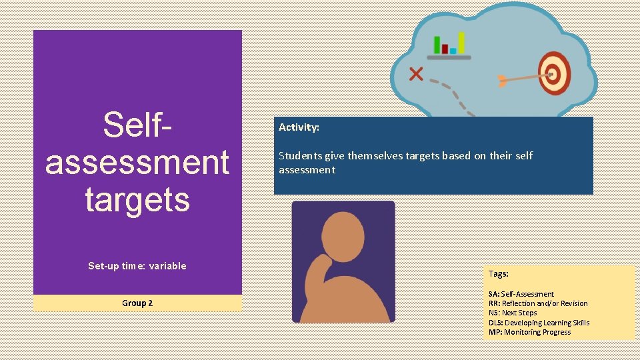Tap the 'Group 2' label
[137, 303]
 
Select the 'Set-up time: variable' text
[137, 266]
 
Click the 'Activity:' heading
[299, 127]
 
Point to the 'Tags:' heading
[499, 274]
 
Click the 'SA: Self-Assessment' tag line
[521, 294]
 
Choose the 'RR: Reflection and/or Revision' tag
[538, 303]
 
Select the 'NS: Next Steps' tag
[513, 313]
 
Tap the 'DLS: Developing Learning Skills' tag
[539, 323]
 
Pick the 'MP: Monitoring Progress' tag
[530, 332]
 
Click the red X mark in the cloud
[416, 73]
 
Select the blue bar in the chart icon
[453, 51]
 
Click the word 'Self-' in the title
[137, 125]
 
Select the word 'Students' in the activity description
[300, 156]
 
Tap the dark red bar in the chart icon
[445, 49]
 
